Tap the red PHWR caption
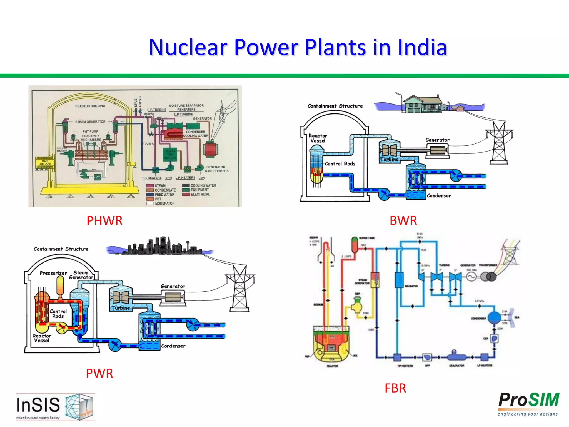[104, 221]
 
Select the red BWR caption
[403, 221]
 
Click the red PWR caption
[99, 373]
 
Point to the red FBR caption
[395, 388]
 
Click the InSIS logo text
[38, 405]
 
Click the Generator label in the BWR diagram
[437, 140]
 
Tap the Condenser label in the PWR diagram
[173, 346]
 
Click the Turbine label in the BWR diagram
[389, 159]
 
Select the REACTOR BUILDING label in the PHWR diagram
[90, 106]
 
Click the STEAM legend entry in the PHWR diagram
[160, 186]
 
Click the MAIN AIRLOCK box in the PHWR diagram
[45, 163]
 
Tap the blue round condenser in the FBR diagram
[494, 317]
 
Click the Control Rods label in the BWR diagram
[340, 164]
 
